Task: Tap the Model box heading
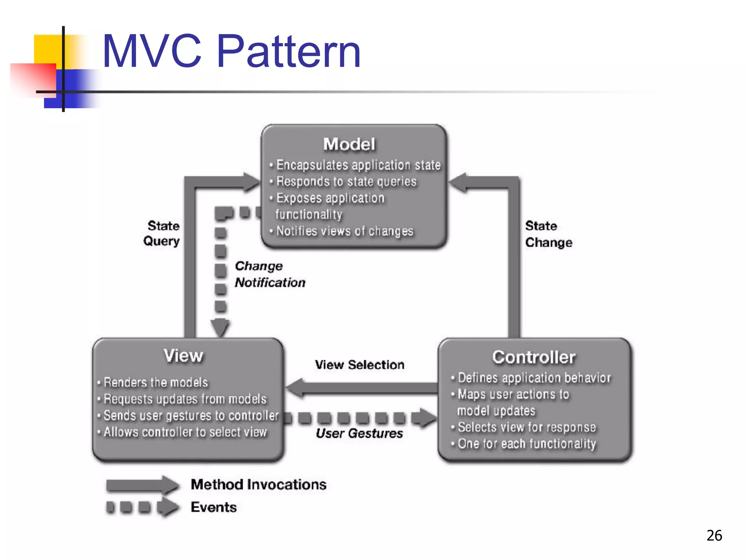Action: click(349, 144)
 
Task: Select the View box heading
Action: click(183, 355)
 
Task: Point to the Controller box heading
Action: click(534, 357)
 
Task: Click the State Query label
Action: click(162, 233)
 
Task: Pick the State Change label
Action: click(548, 234)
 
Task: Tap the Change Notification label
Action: click(270, 274)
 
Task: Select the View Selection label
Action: click(360, 365)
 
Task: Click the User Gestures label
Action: click(359, 433)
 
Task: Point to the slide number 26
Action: click(714, 536)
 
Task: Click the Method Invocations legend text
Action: click(259, 485)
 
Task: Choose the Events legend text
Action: click(214, 507)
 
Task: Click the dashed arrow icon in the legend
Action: click(142, 507)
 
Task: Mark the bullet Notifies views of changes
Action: click(345, 231)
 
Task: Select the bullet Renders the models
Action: click(156, 382)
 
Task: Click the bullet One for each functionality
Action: click(526, 444)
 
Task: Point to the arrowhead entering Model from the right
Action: click(458, 183)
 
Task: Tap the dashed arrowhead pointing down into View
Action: click(220, 327)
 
